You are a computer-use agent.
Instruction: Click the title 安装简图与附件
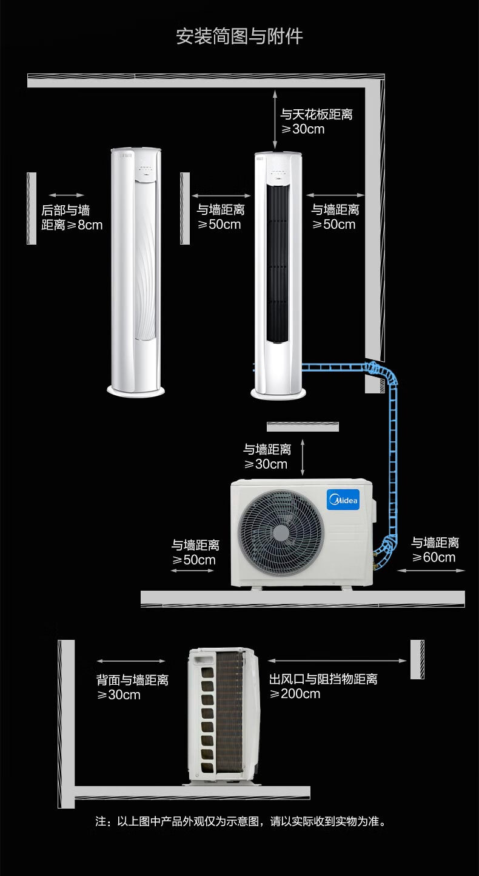(239, 36)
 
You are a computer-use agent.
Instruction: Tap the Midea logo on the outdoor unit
(344, 500)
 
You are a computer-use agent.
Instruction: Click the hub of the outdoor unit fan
(280, 533)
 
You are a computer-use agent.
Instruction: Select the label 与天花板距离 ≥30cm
(317, 121)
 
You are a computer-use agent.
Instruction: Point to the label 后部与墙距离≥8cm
(72, 217)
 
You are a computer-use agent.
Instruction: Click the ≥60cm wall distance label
(435, 550)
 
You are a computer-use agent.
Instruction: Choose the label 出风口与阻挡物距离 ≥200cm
(323, 687)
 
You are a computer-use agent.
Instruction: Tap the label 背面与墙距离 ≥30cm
(132, 687)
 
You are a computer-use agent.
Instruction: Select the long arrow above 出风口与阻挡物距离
(337, 661)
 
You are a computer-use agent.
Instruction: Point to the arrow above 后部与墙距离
(67, 195)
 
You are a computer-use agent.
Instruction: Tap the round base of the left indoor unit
(136, 391)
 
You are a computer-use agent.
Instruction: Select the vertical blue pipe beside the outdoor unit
(393, 461)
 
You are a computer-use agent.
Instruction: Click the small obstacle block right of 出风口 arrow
(417, 660)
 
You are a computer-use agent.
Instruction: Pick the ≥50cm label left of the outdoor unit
(195, 552)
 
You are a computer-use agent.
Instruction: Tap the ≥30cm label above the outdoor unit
(267, 457)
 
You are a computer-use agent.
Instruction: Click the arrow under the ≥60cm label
(431, 571)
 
